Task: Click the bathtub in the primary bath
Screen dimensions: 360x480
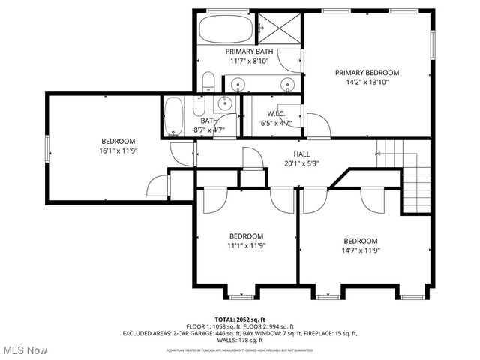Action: tap(226, 30)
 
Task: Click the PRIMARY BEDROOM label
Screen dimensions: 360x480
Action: tap(367, 73)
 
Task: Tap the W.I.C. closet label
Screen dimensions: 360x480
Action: tap(274, 114)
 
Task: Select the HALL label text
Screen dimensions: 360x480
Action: tap(280, 152)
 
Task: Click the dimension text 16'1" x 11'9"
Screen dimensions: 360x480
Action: tap(118, 151)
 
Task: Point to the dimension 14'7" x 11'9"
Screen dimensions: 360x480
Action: tap(361, 250)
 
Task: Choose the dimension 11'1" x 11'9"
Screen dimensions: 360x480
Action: tap(246, 244)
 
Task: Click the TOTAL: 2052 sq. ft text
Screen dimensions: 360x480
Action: tap(240, 319)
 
